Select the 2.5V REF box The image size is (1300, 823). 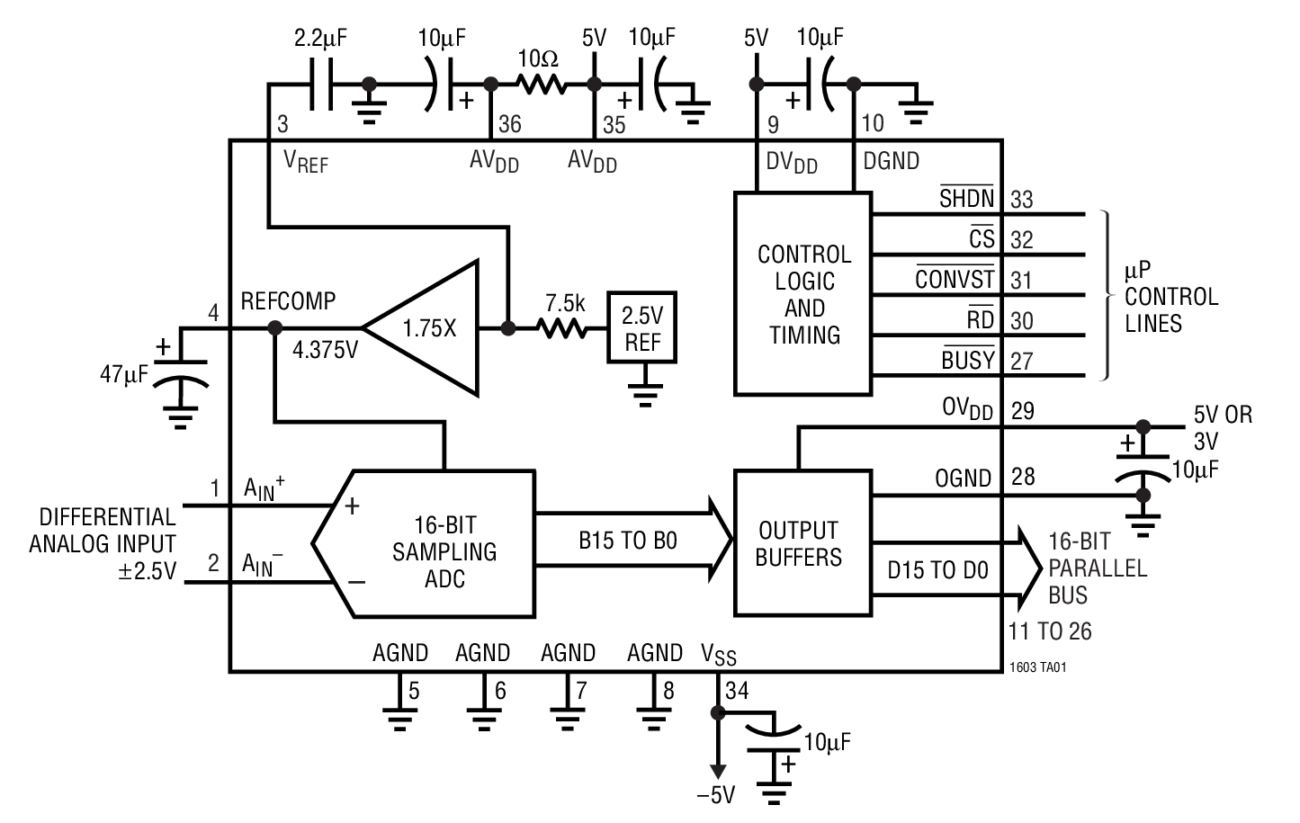coord(642,328)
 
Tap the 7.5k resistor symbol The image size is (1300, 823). coord(563,329)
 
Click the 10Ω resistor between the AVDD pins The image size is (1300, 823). coord(541,85)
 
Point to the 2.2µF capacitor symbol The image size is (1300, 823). coord(321,85)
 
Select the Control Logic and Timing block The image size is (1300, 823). coord(802,293)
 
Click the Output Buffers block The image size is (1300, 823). coord(802,542)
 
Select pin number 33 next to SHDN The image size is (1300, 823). coord(1022,200)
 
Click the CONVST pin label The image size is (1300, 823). coord(955,279)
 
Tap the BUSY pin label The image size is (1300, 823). coord(968,360)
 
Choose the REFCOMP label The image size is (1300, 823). coord(288,301)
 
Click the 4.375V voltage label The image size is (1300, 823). coord(325,350)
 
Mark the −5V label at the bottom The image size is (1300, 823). coord(716,795)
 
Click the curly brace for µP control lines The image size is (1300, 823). coord(1107,295)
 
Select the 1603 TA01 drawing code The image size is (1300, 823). coord(1038,667)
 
